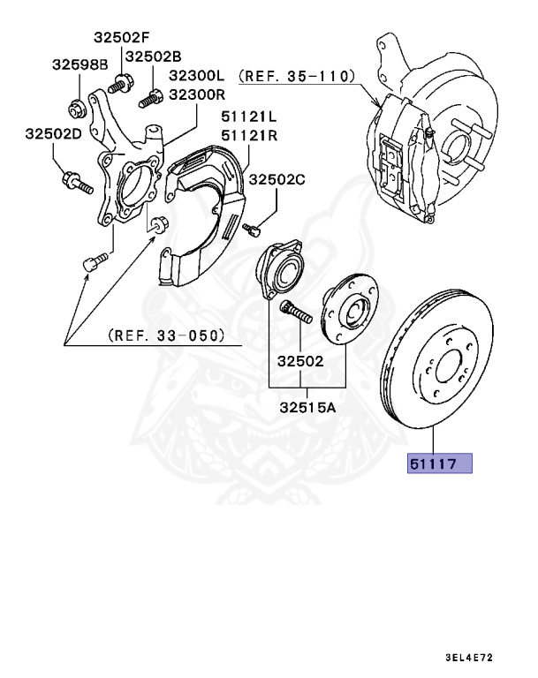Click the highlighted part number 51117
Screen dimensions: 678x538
click(439, 463)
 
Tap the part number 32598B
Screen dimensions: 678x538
click(79, 64)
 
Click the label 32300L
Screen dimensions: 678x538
click(197, 77)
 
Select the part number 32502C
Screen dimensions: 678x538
click(276, 179)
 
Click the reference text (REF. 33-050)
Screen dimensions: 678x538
click(165, 335)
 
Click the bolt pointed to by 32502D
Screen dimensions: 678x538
click(77, 185)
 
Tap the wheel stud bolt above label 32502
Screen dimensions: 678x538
click(294, 313)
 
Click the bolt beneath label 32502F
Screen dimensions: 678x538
click(117, 87)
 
